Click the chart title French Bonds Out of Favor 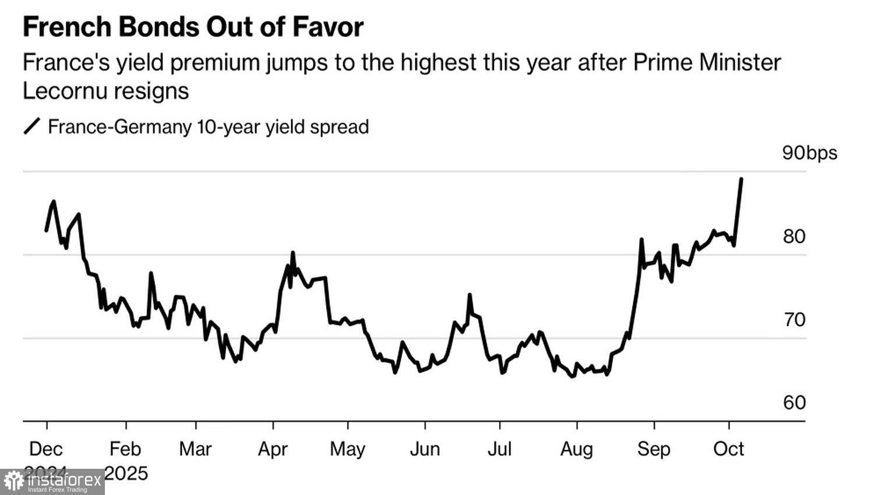(193, 27)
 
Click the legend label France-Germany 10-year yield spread (208, 127)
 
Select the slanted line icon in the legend (32, 126)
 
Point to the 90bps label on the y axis (809, 153)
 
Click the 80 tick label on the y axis (794, 236)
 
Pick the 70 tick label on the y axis (794, 319)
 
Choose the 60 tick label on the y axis (794, 402)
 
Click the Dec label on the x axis (46, 449)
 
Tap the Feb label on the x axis (125, 449)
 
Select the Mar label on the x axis (195, 449)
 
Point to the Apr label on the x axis (273, 449)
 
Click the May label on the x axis (347, 449)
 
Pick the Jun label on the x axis (425, 449)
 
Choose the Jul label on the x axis (499, 449)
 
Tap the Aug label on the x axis (576, 449)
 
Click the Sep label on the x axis (654, 449)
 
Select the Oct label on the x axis (729, 449)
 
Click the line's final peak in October (741, 179)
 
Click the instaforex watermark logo (52, 482)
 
